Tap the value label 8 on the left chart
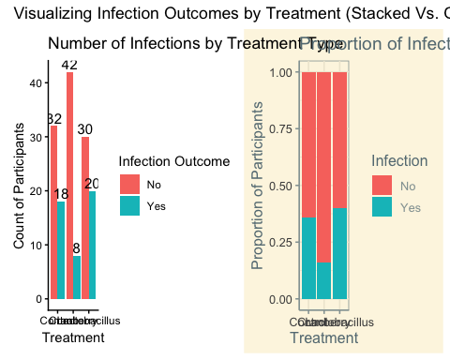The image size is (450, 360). tap(76, 248)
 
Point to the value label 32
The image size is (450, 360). tap(54, 119)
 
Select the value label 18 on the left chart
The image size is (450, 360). tap(61, 194)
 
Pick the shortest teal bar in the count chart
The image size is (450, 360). tap(76, 277)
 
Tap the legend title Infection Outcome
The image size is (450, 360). tap(173, 161)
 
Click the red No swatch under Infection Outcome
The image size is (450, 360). tap(129, 185)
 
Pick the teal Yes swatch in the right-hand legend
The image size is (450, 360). tap(382, 207)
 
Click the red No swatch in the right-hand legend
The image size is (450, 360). tap(382, 186)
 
